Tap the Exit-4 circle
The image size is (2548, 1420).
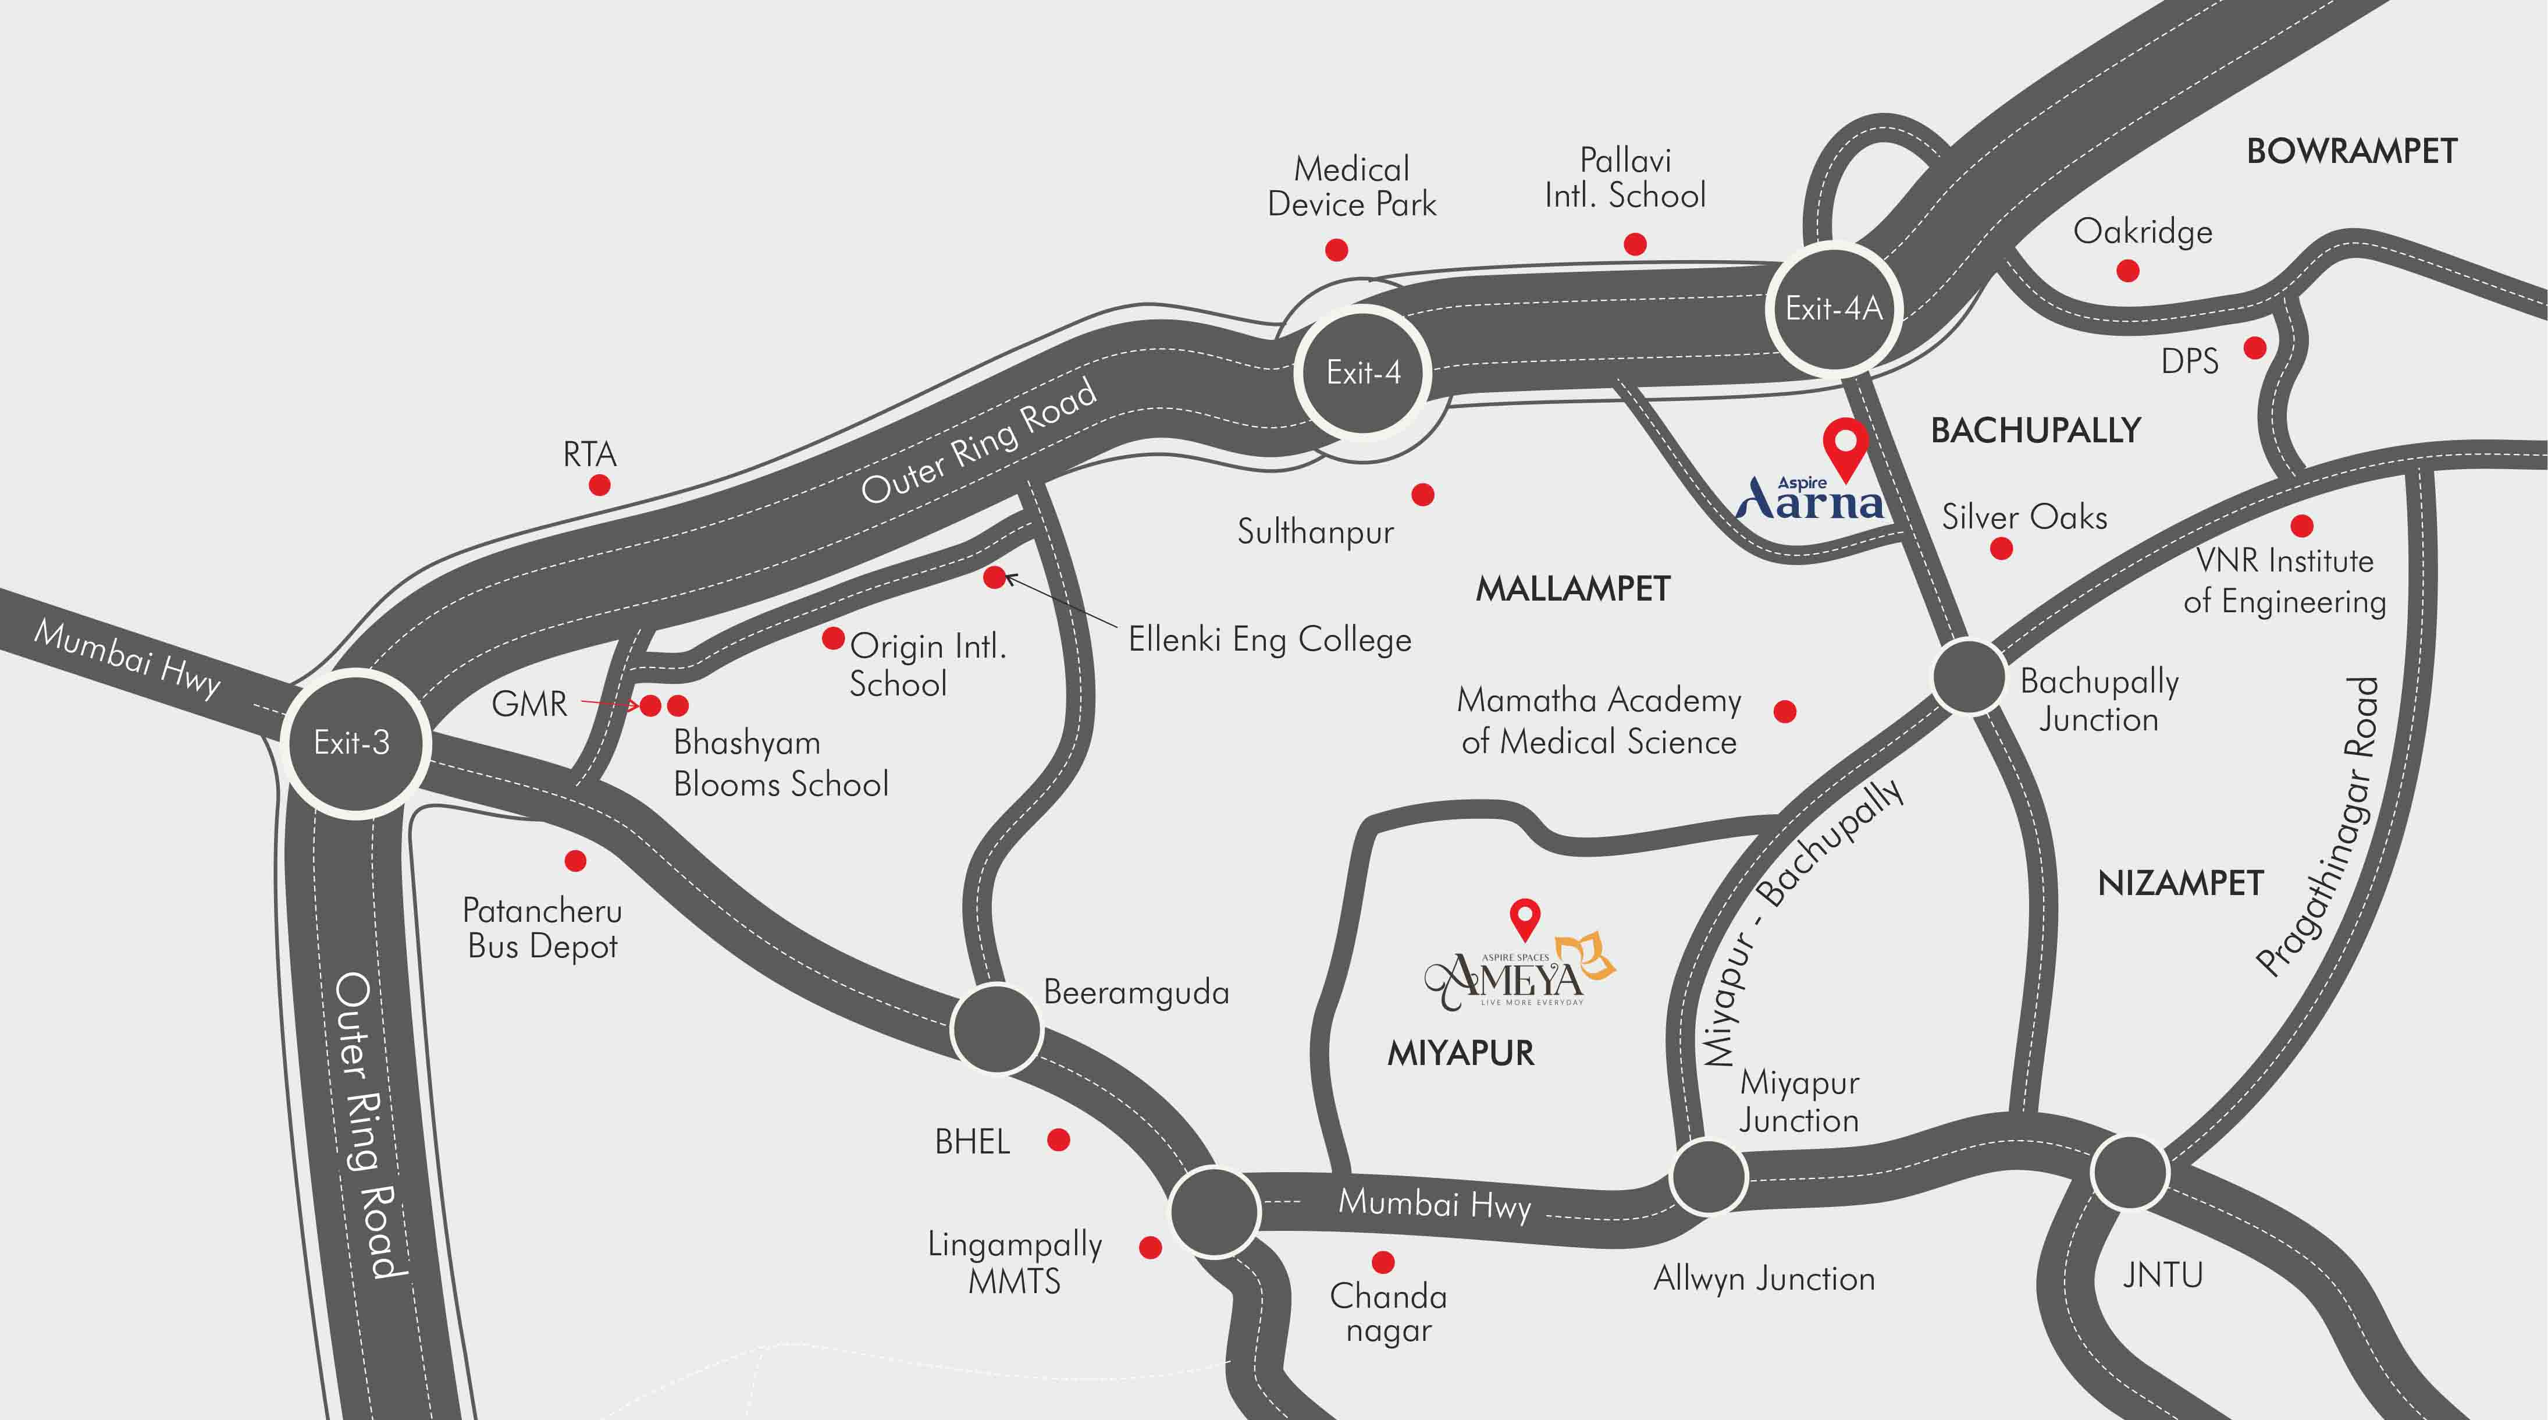(1363, 372)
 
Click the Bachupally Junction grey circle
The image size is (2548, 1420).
(1969, 677)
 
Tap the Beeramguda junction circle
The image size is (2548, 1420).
(996, 1028)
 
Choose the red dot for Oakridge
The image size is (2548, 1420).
(2127, 270)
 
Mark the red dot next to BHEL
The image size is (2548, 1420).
(1058, 1140)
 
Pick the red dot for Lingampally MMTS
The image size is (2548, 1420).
(1150, 1247)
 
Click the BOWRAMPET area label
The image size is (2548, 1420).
(2351, 151)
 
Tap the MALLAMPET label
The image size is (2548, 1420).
(1572, 590)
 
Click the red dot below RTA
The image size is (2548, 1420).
(599, 485)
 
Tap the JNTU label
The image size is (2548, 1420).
(2163, 1275)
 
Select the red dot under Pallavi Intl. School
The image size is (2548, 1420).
(1635, 243)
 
